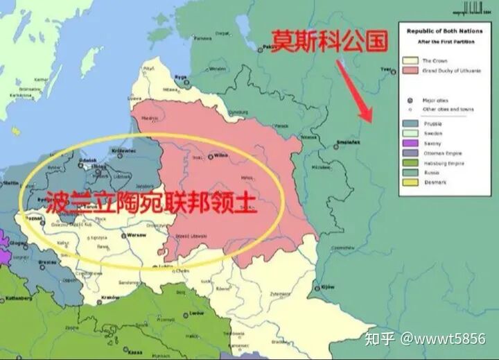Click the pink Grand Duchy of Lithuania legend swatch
(x=410, y=71)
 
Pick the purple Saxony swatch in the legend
(x=410, y=143)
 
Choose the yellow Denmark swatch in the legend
(x=410, y=182)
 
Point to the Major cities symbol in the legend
(x=410, y=100)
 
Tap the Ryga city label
(x=181, y=76)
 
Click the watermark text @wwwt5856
(x=450, y=339)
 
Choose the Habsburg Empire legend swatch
(x=410, y=163)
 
